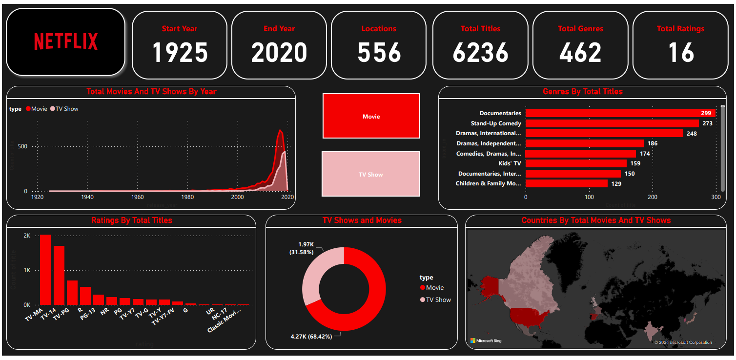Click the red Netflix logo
click(66, 42)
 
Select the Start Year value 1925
click(180, 53)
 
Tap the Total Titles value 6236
click(480, 53)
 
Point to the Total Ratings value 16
click(680, 53)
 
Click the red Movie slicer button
click(371, 116)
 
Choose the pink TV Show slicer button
click(371, 174)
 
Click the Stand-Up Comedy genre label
click(496, 123)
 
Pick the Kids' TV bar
click(576, 163)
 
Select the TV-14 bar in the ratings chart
click(59, 275)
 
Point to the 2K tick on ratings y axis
click(27, 236)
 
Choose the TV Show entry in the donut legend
click(438, 300)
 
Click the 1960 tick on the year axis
click(138, 197)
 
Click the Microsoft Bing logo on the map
click(486, 340)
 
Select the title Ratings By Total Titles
click(131, 220)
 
